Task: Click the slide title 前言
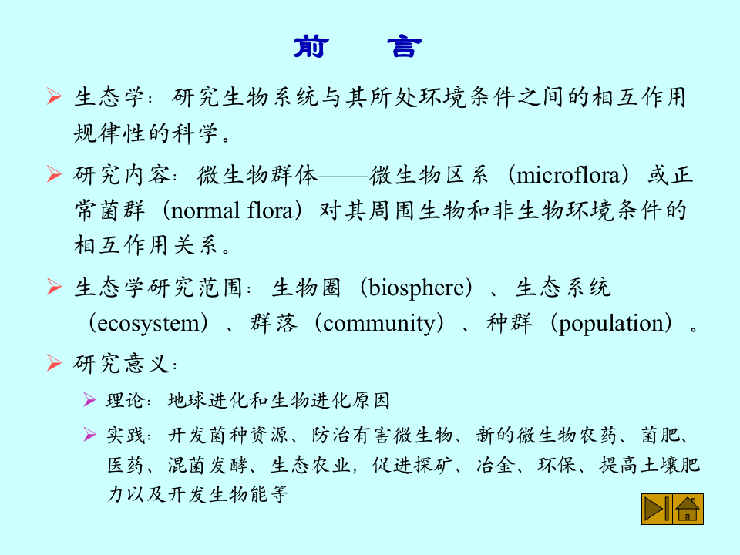[357, 48]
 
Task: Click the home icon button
[688, 510]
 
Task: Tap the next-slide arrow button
[656, 510]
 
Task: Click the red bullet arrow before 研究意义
[53, 362]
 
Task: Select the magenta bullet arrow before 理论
[90, 401]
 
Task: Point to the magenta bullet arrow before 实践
[90, 436]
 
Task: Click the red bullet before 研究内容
[53, 175]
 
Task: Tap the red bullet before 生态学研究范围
[53, 288]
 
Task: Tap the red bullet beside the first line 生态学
[53, 97]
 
